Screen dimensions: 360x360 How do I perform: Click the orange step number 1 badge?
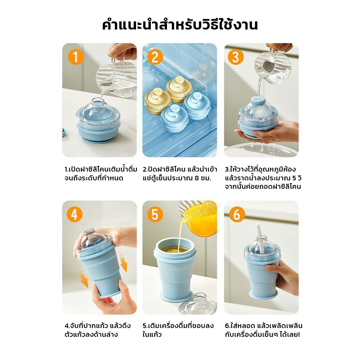[x=76, y=57]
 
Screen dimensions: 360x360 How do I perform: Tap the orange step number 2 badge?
[x=155, y=57]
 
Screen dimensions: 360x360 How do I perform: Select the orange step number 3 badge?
[x=236, y=57]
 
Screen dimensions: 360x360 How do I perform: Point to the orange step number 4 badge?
[x=75, y=214]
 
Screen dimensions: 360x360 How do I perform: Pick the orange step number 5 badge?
[x=155, y=214]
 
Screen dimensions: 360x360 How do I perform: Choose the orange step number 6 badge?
[x=237, y=214]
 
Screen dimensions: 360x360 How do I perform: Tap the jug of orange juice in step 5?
[x=198, y=218]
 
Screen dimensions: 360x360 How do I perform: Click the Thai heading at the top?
[x=180, y=25]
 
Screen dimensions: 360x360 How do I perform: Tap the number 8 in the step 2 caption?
[x=197, y=178]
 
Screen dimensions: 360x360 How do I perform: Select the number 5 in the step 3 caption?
[x=295, y=178]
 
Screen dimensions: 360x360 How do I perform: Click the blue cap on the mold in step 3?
[x=258, y=101]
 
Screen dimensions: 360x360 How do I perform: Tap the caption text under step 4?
[x=98, y=330]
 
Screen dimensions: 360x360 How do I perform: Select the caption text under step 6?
[x=264, y=330]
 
